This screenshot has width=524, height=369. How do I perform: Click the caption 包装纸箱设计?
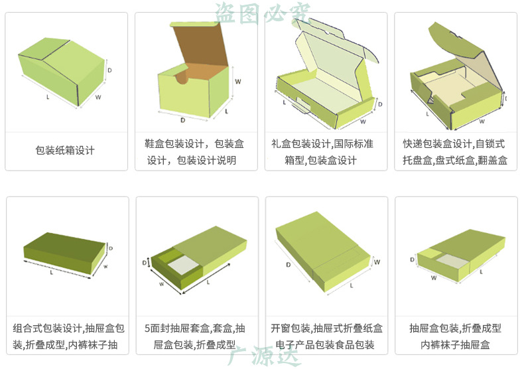click(x=65, y=151)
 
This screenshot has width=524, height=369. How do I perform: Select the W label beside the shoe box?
click(x=237, y=82)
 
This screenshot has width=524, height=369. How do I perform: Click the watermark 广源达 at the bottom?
click(x=263, y=356)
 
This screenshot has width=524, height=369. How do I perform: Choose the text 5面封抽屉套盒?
click(x=176, y=329)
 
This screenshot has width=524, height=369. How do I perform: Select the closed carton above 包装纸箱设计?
click(x=63, y=70)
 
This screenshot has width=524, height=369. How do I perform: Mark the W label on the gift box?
click(x=363, y=122)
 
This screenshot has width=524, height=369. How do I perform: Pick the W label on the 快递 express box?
click(x=482, y=121)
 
